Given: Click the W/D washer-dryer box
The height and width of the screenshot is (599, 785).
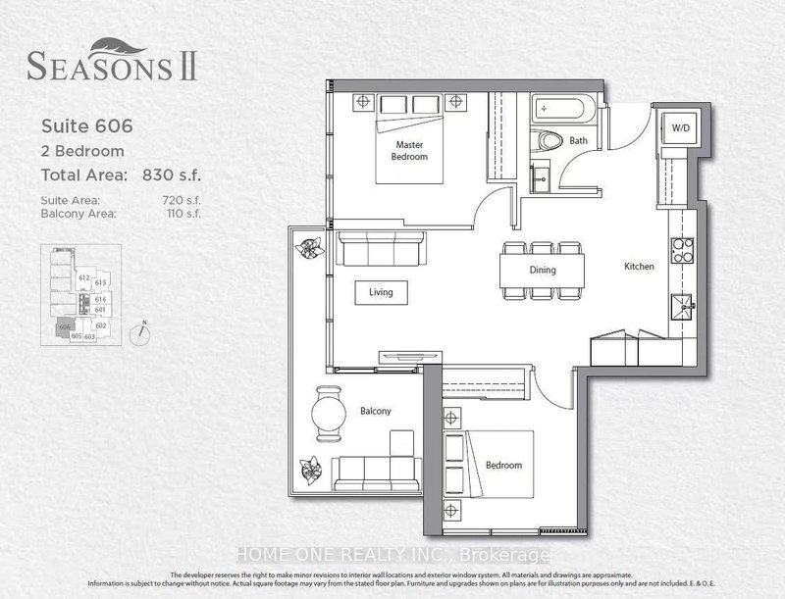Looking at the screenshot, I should tap(679, 128).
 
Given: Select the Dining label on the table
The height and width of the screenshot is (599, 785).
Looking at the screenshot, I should tap(542, 270).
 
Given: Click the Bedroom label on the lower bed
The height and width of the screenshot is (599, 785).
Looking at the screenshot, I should tap(502, 465).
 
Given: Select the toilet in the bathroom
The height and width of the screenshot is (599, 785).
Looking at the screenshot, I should tap(544, 140).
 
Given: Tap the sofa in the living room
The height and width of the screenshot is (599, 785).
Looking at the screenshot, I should tap(382, 248).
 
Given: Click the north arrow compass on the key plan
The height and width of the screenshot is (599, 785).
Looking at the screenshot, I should tap(143, 331).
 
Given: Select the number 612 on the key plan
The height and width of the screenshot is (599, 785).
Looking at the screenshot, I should tap(85, 277).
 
